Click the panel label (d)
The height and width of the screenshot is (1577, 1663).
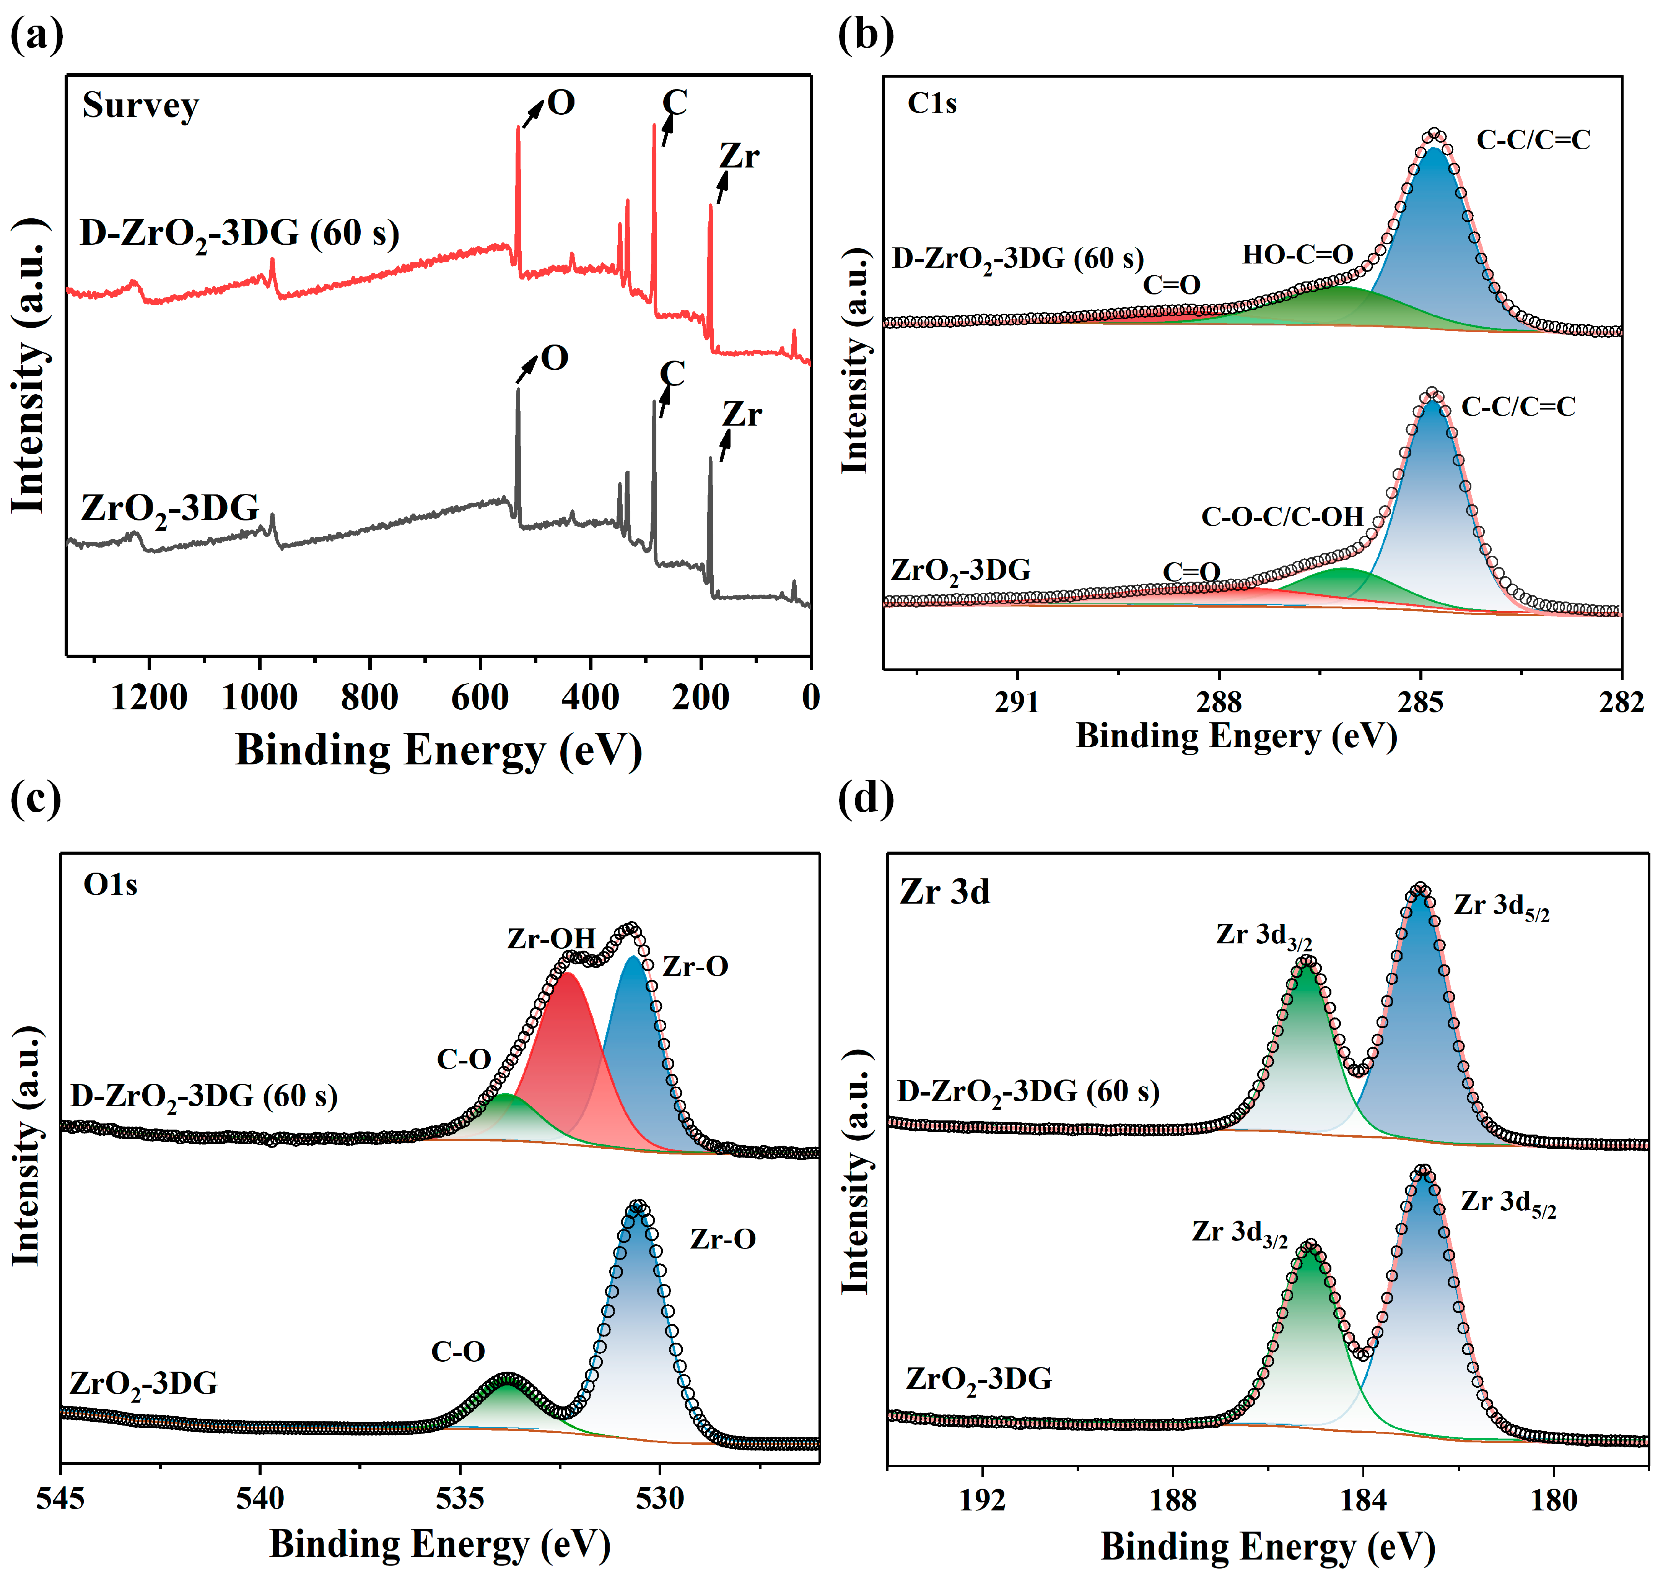[866, 797]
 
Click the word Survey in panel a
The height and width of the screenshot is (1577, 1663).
[140, 106]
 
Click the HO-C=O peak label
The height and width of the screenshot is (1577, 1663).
[1297, 255]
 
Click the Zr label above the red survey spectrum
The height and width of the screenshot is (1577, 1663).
[739, 156]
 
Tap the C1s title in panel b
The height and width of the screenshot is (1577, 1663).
[932, 103]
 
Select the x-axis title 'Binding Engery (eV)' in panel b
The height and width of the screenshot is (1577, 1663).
[1236, 736]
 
